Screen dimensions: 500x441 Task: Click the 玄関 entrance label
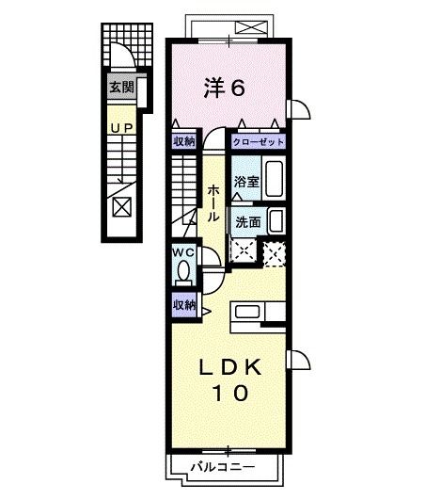[x=121, y=89]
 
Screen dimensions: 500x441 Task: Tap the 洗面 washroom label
[x=248, y=222]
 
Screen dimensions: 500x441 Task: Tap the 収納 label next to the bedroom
[x=183, y=142]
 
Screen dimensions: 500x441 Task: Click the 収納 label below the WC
[x=183, y=304]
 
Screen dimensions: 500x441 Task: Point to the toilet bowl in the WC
[x=183, y=273]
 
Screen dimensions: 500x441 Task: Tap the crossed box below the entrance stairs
[x=121, y=207]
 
